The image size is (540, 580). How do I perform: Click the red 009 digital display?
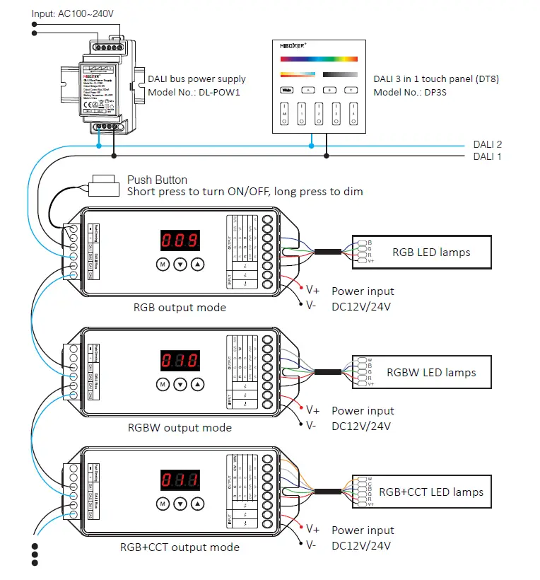click(x=180, y=240)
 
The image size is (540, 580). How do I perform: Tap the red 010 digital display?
click(x=180, y=360)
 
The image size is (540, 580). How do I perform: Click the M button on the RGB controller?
click(x=162, y=264)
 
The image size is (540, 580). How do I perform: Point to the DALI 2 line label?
click(x=487, y=144)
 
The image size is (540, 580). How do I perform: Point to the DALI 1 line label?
click(x=487, y=156)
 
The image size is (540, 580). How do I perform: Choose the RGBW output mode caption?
click(x=180, y=427)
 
